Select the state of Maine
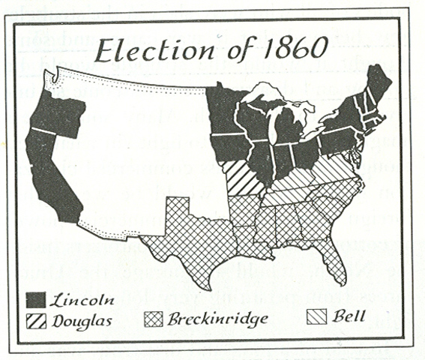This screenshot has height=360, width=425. [x=380, y=86]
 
